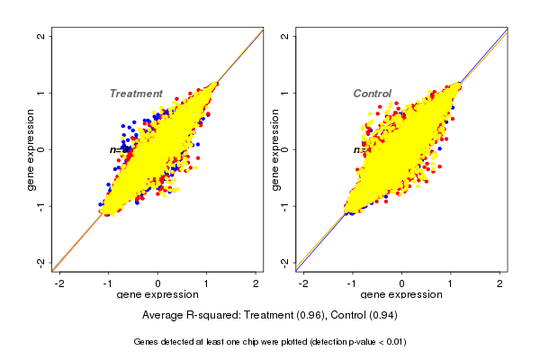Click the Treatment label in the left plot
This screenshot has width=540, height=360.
136,94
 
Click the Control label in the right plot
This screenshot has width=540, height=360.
373,94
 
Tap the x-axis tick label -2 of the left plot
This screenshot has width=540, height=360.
59,283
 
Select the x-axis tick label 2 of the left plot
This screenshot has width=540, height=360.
256,283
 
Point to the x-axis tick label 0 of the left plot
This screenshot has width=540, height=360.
158,283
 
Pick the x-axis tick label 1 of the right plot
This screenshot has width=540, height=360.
451,283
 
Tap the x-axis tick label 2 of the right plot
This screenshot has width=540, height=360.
500,283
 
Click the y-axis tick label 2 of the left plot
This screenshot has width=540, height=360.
41,36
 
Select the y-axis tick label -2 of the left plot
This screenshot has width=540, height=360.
41,262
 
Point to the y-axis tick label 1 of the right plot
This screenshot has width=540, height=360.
284,93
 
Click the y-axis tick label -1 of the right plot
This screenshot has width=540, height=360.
284,205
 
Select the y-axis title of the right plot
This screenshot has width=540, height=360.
274,149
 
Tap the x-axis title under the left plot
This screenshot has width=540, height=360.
157,295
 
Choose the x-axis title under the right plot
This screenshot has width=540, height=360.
401,295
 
